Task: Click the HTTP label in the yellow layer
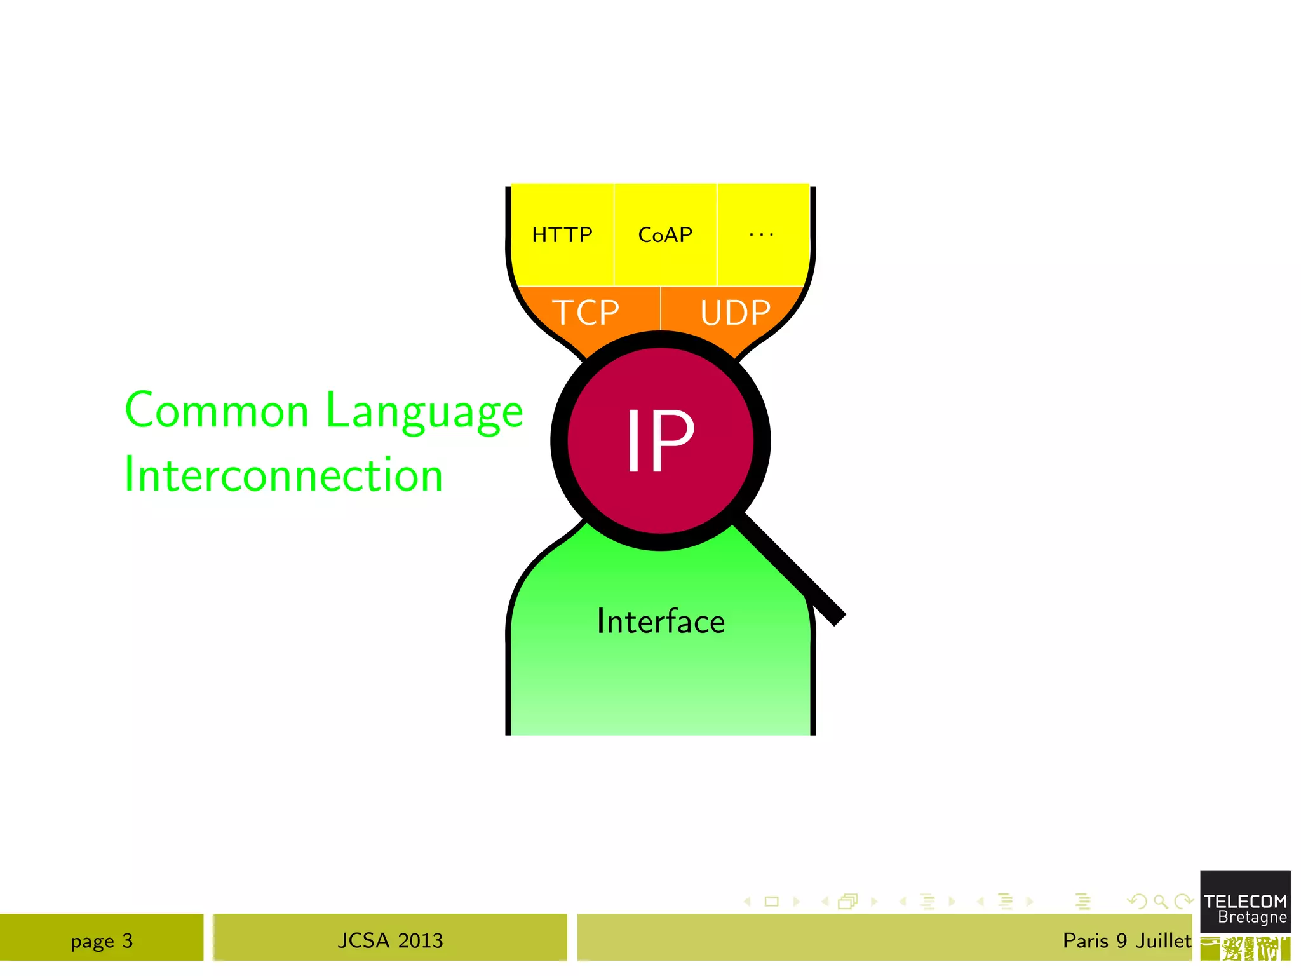tap(562, 235)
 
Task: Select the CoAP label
tap(665, 235)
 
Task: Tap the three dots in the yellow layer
tap(761, 235)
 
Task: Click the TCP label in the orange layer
tap(586, 313)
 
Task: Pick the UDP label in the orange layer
tap(735, 313)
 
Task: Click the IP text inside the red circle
tap(660, 440)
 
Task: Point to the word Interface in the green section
tap(661, 621)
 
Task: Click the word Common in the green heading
tap(217, 410)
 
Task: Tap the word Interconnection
tap(283, 475)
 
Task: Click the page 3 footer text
tap(102, 940)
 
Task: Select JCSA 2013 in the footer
tap(390, 940)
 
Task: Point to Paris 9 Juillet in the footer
tap(1126, 940)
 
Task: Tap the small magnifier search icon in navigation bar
tap(1160, 902)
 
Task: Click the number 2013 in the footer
tap(420, 940)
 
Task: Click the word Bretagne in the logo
tap(1252, 918)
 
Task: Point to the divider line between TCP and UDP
tap(661, 308)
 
